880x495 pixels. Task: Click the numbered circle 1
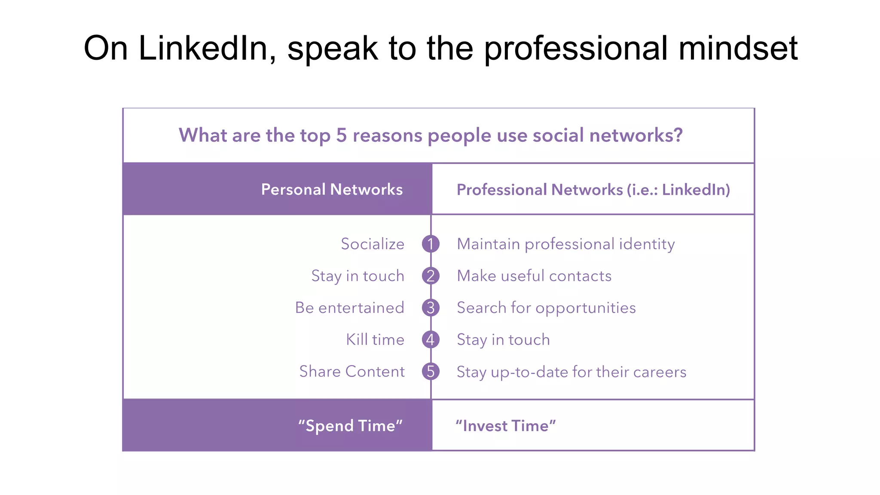point(431,244)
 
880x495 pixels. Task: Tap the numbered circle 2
point(431,276)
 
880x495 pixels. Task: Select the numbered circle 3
point(431,308)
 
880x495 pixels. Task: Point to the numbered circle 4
point(431,340)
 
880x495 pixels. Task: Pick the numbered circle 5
point(431,372)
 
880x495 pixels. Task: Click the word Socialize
point(373,244)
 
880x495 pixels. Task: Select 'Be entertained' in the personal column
point(349,308)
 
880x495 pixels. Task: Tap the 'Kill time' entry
point(375,340)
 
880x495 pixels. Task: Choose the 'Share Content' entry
point(352,372)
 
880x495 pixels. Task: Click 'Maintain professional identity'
point(565,244)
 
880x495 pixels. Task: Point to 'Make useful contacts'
point(534,276)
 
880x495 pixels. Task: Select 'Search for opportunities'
point(546,308)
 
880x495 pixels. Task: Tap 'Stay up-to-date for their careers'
point(571,372)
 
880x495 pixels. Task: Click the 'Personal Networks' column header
point(332,189)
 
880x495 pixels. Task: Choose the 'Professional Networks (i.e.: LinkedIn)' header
point(593,189)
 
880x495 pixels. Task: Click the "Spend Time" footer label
point(350,426)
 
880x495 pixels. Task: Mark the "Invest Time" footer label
point(506,426)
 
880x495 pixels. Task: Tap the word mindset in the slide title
point(738,48)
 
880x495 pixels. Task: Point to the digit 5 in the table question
point(341,135)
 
